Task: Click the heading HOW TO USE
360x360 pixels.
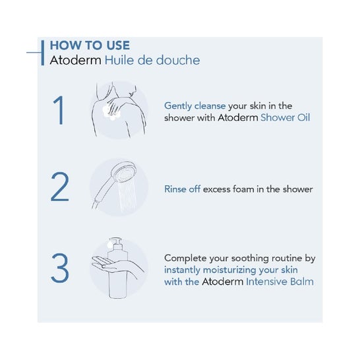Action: [x=90, y=45]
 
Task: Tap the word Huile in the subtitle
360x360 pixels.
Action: [x=119, y=60]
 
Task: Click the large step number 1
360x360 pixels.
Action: [x=59, y=110]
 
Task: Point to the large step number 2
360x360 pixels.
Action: [x=60, y=187]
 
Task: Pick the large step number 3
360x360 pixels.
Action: [x=60, y=268]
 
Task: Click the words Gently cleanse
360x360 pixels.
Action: [x=195, y=106]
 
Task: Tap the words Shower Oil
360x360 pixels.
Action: [x=285, y=117]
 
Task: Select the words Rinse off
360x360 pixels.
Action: [x=182, y=189]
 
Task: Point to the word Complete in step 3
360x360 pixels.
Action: [x=185, y=258]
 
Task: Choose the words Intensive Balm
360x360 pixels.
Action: [x=280, y=282]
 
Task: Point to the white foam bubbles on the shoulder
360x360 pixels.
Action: [x=111, y=113]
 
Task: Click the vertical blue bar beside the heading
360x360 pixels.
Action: [x=43, y=53]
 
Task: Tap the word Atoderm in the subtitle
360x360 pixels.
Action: [x=76, y=60]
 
